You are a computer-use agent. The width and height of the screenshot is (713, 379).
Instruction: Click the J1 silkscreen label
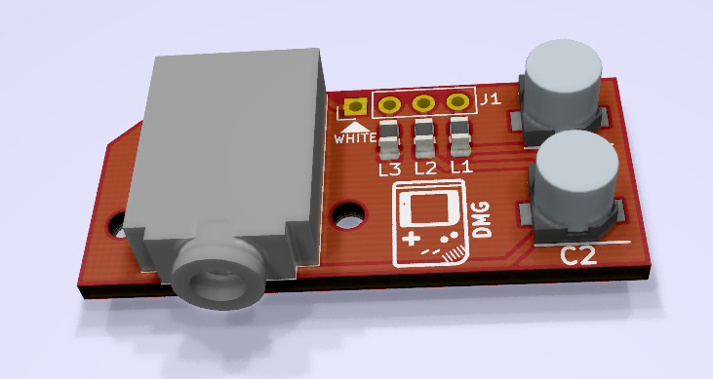pos(491,98)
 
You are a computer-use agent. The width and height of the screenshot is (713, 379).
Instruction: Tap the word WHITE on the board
pos(355,138)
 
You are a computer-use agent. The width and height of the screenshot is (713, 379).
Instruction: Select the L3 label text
pos(390,170)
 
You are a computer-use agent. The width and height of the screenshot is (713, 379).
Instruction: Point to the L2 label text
pos(425,169)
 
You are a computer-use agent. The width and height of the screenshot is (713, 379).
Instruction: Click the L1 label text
pos(461,167)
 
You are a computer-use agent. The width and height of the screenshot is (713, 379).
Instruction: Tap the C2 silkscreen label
pos(577,256)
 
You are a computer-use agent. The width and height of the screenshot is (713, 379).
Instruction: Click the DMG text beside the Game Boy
pos(482,220)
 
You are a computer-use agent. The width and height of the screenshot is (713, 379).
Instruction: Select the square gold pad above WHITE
pos(356,107)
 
